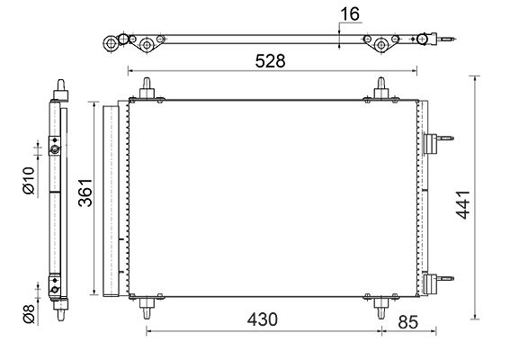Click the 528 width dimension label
[x=270, y=61]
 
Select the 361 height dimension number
[x=85, y=193]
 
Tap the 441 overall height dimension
[x=462, y=204]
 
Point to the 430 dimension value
[x=262, y=319]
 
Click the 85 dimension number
[x=407, y=322]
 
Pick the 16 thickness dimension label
[x=350, y=14]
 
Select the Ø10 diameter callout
[x=29, y=180]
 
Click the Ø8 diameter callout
[x=29, y=314]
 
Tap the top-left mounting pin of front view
[x=147, y=87]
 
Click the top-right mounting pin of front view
[x=380, y=87]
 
